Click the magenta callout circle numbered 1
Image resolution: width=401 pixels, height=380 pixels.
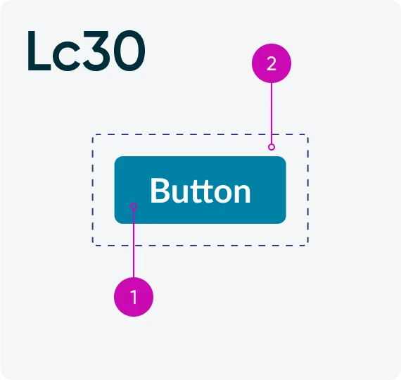click(134, 297)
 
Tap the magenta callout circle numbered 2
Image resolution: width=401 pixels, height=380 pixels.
click(272, 63)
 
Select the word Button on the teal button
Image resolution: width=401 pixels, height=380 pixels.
click(200, 191)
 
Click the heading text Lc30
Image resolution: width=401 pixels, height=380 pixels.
click(87, 51)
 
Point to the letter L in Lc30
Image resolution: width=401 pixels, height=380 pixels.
click(39, 51)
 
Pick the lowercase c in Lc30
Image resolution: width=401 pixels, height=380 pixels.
click(65, 56)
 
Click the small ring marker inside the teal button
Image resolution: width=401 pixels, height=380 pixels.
click(134, 206)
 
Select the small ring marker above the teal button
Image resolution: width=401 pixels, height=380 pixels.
click(272, 147)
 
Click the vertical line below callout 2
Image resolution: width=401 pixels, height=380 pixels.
click(272, 113)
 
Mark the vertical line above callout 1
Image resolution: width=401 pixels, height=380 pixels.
click(134, 243)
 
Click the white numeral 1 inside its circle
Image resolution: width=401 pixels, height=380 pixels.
click(134, 297)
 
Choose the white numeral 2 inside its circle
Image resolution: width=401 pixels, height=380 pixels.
click(272, 63)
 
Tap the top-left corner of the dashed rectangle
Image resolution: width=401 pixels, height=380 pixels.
click(92, 134)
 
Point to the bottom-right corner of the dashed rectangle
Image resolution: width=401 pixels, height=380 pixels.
click(308, 246)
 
